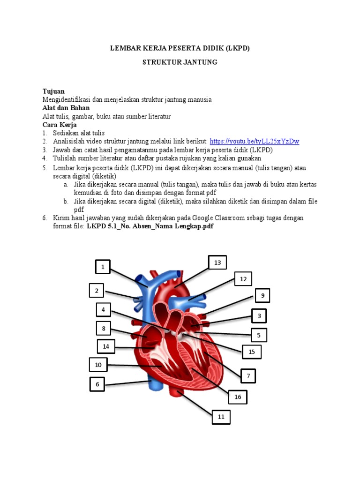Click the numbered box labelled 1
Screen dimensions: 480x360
[x=103, y=268]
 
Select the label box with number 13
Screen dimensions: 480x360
[x=217, y=263]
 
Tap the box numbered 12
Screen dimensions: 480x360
[x=243, y=279]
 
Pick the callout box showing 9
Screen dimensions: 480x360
[x=262, y=296]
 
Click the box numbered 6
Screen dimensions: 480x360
[x=97, y=384]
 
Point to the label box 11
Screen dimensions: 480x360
[x=221, y=417]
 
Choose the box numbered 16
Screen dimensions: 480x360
[x=238, y=397]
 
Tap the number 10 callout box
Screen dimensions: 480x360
[x=98, y=365]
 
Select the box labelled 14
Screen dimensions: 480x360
[x=106, y=346]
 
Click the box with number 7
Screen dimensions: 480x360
[x=248, y=376]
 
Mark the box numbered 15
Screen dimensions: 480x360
[x=252, y=352]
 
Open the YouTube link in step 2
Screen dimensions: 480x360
[x=255, y=142]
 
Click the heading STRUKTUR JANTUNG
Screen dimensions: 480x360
[x=180, y=62]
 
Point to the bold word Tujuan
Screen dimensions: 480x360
[x=53, y=91]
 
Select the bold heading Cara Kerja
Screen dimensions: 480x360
[x=60, y=125]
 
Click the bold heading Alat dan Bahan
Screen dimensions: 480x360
[x=66, y=108]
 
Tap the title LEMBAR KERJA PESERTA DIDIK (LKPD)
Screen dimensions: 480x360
[x=180, y=48]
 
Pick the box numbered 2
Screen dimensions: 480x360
[x=97, y=291]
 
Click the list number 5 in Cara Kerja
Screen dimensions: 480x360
[x=45, y=167]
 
